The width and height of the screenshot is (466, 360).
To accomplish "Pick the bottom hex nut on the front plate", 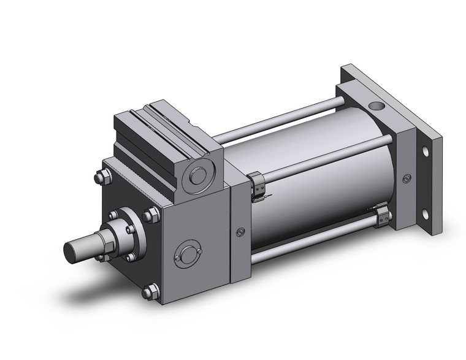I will [148, 293].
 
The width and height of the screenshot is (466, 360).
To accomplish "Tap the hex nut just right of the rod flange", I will [148, 216].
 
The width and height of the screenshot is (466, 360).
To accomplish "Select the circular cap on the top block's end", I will [199, 175].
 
